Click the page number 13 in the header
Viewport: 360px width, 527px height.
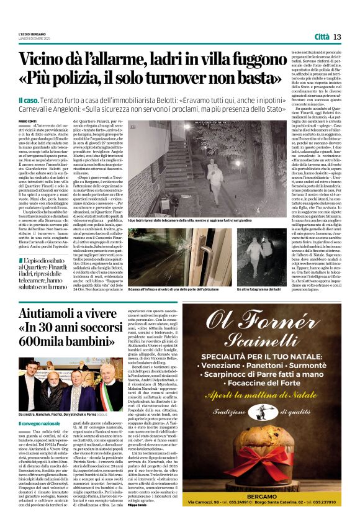click(x=337, y=37)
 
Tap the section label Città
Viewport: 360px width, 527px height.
click(x=321, y=37)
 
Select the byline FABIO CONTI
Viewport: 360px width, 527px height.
click(x=27, y=121)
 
